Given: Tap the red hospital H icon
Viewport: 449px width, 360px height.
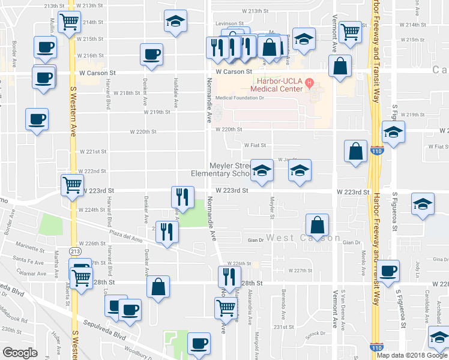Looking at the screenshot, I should [x=309, y=82].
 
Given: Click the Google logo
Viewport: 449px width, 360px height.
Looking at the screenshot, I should [x=20, y=353].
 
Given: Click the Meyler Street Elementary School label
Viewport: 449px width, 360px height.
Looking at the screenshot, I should [x=220, y=170].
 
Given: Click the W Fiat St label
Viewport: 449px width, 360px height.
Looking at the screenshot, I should [x=254, y=145].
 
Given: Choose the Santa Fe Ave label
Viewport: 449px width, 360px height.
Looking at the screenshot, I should [x=29, y=262].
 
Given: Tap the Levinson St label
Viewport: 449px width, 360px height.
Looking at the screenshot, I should [x=228, y=24].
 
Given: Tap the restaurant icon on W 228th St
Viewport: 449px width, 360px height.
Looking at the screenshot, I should [x=229, y=277].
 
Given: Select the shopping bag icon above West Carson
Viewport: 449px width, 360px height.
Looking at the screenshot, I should [x=316, y=226].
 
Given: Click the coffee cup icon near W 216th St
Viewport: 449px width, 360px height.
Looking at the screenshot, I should [x=151, y=54].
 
